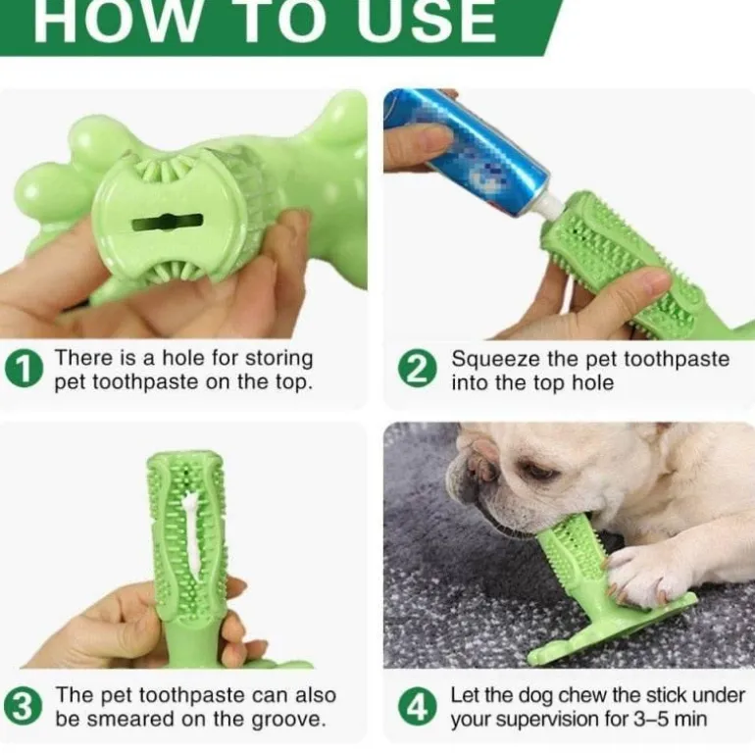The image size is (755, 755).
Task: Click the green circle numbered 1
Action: (25, 369)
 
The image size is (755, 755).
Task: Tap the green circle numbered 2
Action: (418, 370)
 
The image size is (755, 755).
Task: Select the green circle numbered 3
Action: (23, 706)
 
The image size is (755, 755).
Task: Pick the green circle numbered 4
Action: (418, 707)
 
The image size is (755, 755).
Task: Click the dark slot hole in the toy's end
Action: (167, 223)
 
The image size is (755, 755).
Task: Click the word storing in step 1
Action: (278, 359)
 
